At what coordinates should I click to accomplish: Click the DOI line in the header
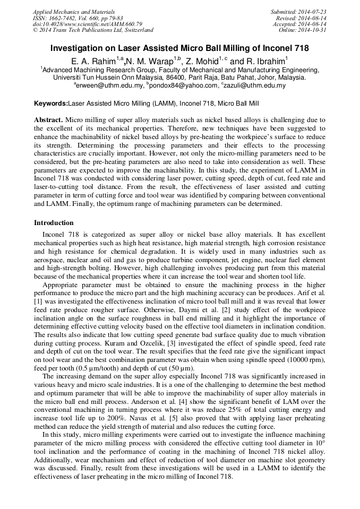click(87, 24)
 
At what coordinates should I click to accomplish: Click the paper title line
click(179, 48)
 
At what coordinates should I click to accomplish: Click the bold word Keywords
click(51, 103)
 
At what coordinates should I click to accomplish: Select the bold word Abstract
click(48, 120)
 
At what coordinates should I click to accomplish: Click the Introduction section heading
click(54, 222)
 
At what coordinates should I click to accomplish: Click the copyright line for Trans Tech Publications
click(93, 30)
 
